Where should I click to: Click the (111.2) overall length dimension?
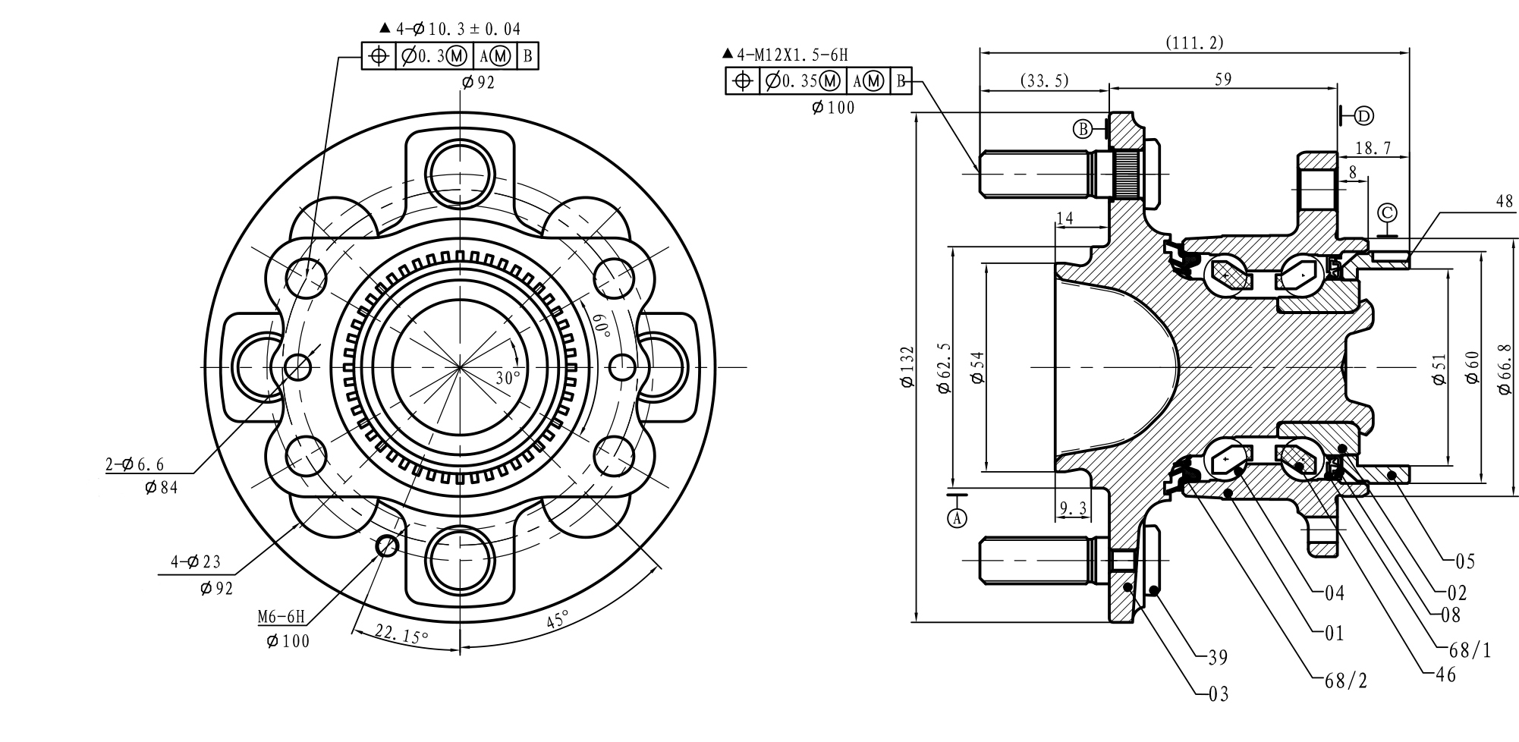(x=1194, y=43)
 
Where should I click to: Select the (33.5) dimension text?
(x=1044, y=80)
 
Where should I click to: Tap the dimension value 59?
(x=1223, y=79)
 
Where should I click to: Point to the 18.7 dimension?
(x=1373, y=148)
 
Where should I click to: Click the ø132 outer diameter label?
(x=907, y=368)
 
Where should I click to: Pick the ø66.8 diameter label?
(x=1505, y=368)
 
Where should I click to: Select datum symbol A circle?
(x=958, y=517)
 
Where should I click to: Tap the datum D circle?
(x=1363, y=115)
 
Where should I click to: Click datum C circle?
(x=1387, y=212)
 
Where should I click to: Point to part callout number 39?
(x=1218, y=657)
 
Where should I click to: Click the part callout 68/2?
(x=1346, y=681)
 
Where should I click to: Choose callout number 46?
(x=1446, y=674)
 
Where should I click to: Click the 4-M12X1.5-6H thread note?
(x=785, y=55)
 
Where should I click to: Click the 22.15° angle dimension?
(x=401, y=634)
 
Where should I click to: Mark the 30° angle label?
(x=508, y=378)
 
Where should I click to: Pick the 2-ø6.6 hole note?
(x=135, y=464)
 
